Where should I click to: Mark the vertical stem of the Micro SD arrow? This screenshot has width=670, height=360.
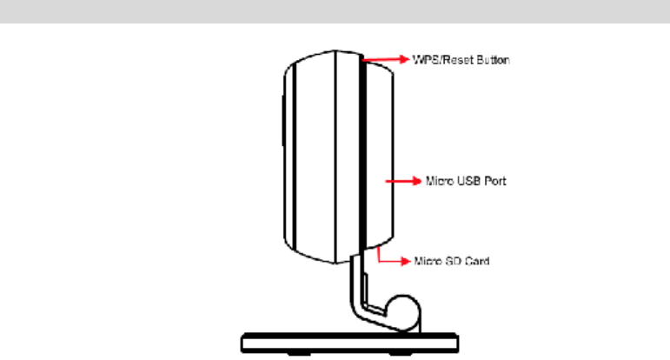[381, 254]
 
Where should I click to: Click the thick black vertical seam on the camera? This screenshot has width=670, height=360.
[356, 157]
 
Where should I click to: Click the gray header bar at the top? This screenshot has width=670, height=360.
[335, 11]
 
